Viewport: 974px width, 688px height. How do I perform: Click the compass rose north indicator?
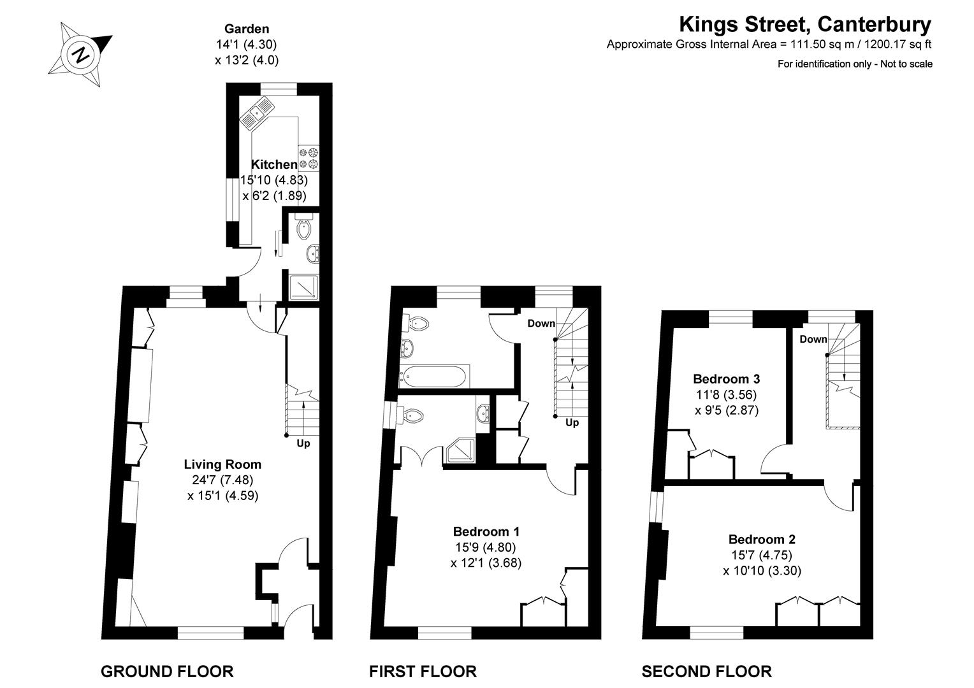[x=81, y=54]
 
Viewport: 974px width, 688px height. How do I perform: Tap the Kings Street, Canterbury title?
[x=804, y=25]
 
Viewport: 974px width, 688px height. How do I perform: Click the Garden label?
[x=247, y=29]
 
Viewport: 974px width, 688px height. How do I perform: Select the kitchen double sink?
[x=256, y=112]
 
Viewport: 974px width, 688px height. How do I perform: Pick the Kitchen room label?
[x=274, y=164]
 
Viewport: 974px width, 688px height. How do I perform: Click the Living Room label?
[x=222, y=464]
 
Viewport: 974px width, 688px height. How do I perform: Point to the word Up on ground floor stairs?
[x=303, y=443]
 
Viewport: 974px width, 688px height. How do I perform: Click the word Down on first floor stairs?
[x=541, y=324]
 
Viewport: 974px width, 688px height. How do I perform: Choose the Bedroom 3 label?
[x=726, y=379]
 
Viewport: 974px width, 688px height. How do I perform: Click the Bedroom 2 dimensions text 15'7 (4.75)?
[x=762, y=555]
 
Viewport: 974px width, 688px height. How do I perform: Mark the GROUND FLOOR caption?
[x=167, y=671]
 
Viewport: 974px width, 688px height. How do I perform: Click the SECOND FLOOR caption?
[x=706, y=671]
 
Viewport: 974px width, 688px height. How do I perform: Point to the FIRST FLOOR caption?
[x=423, y=671]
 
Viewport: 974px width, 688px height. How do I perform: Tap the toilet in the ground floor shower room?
[x=304, y=228]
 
